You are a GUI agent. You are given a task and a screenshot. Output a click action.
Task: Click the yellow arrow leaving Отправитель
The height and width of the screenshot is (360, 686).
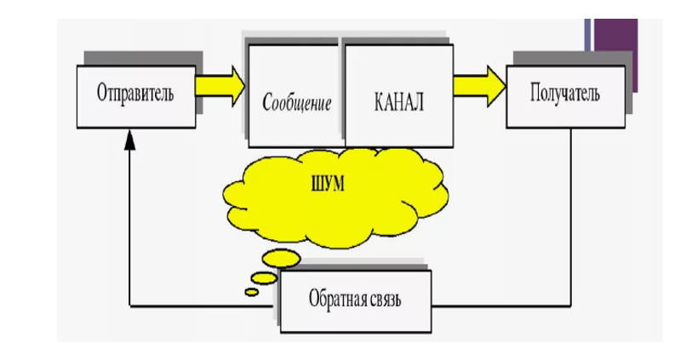219,86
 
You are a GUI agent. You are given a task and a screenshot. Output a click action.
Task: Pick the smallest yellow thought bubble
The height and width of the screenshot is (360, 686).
252,292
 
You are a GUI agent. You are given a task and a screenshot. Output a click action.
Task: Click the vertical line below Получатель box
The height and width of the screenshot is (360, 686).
569,213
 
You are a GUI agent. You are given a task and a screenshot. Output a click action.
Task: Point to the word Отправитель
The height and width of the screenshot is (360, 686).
136,93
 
